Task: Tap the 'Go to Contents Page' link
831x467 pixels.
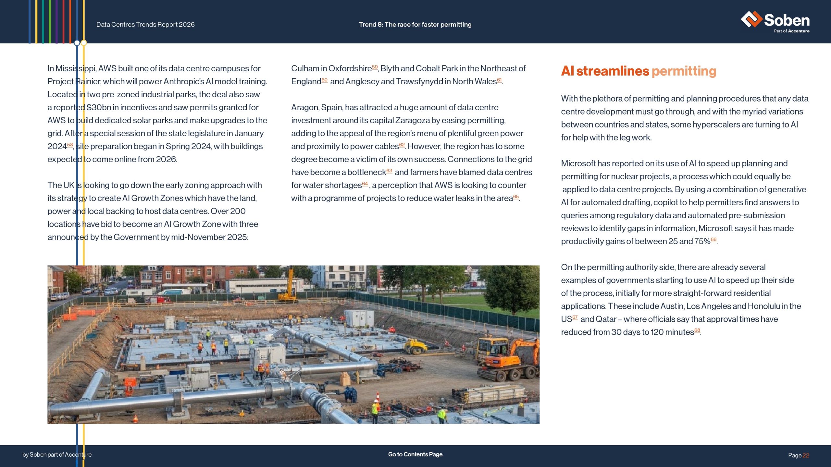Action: (x=415, y=454)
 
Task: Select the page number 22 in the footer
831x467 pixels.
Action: (x=806, y=455)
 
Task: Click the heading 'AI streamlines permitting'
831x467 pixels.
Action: (x=639, y=71)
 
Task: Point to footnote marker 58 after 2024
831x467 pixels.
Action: (x=70, y=145)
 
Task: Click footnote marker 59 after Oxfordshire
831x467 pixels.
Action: (x=375, y=67)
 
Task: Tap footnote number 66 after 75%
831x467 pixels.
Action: (x=713, y=240)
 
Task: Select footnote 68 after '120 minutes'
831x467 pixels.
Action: (x=697, y=330)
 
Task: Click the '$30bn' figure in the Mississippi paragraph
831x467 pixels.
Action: (x=98, y=107)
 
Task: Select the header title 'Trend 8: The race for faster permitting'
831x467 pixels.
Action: (x=415, y=25)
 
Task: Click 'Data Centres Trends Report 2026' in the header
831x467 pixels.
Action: (x=145, y=25)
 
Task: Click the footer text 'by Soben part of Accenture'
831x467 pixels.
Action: (x=57, y=455)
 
